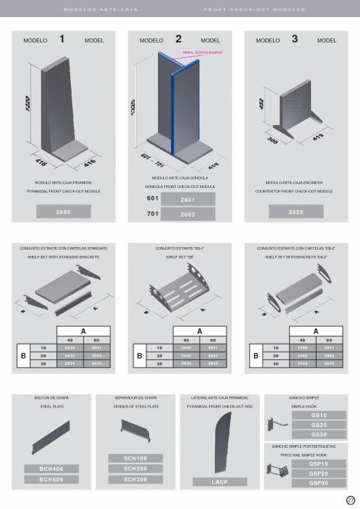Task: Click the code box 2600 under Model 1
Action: coord(63,212)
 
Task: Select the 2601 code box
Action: coord(188,199)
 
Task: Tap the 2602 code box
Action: coord(188,214)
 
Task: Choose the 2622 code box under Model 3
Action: coord(296,212)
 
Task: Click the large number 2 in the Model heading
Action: coord(178,39)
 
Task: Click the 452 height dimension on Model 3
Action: coord(261,105)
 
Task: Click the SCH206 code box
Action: coord(136,469)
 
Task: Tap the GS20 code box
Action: coord(318,425)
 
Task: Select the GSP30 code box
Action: coord(318,482)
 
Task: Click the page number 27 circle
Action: coord(351,500)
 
